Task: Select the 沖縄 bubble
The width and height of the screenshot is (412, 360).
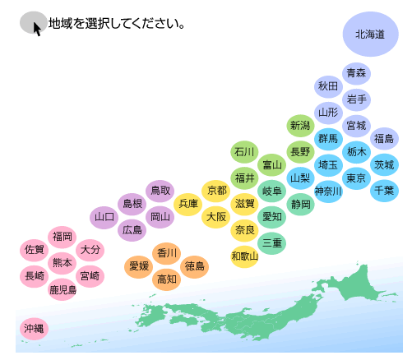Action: [x=34, y=328]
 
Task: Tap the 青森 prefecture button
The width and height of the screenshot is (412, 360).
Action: [x=356, y=73]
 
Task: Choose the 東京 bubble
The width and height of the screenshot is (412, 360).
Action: [x=356, y=178]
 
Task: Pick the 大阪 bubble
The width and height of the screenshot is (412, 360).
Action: [x=216, y=217]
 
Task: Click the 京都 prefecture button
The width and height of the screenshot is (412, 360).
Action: [x=216, y=191]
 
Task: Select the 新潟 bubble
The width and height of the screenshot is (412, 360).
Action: [x=300, y=126]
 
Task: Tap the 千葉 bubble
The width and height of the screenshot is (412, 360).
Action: [x=383, y=190]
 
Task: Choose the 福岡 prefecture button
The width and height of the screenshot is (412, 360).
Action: [x=62, y=237]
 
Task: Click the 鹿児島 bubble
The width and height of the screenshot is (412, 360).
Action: [x=62, y=289]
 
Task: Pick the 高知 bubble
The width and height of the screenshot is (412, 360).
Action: [x=166, y=279]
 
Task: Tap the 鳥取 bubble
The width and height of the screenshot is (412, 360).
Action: [x=160, y=191]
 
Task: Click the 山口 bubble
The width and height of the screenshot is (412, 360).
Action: [x=104, y=217]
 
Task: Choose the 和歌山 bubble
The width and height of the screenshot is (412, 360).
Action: [x=244, y=256]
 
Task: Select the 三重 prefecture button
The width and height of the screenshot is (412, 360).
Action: [x=272, y=242]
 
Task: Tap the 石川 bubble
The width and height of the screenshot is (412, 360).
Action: [x=244, y=151]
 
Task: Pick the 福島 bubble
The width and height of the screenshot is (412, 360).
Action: [x=384, y=138]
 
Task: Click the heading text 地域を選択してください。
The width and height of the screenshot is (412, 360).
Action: [x=116, y=24]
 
